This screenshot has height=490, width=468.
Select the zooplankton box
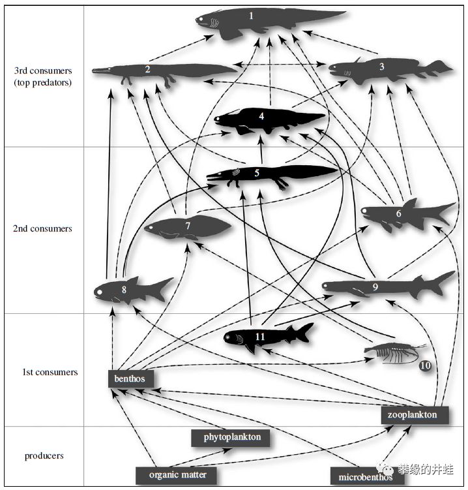point(413,414)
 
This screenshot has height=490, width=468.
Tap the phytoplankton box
point(231,437)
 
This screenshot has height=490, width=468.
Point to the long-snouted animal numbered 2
point(163,72)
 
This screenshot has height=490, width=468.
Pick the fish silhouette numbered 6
point(404,214)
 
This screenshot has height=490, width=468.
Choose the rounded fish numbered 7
point(188,228)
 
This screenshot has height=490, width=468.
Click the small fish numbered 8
point(130,290)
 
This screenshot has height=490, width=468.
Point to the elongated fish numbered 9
point(385,286)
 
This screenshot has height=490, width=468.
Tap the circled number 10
point(425,366)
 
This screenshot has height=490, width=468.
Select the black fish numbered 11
point(267,337)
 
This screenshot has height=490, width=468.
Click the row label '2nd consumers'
point(42,229)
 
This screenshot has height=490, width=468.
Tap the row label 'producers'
point(44,455)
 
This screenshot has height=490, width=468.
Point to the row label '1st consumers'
point(50,372)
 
